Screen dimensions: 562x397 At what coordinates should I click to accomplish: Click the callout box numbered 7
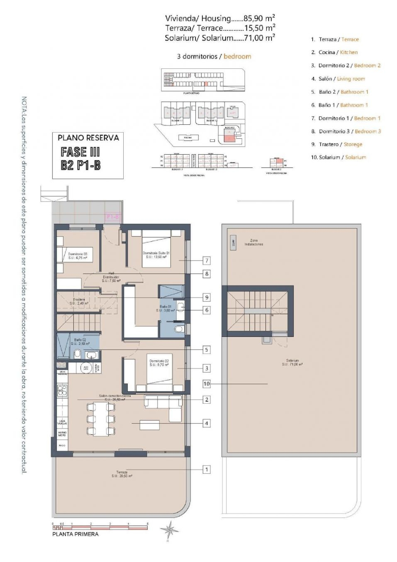point(207,261)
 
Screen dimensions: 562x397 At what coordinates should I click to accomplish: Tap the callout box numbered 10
point(206,383)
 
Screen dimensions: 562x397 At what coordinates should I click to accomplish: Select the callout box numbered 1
point(207,469)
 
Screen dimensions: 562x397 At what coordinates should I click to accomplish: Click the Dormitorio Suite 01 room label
point(156,255)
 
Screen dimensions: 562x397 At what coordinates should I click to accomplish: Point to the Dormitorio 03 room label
point(78,256)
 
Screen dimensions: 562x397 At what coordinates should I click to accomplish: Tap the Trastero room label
point(79,301)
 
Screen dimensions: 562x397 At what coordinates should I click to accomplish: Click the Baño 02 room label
point(80,342)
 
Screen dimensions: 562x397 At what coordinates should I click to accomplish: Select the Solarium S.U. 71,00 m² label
point(292,362)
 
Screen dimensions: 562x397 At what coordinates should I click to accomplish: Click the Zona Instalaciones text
point(254,242)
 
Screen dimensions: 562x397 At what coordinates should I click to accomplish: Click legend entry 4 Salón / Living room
point(338,79)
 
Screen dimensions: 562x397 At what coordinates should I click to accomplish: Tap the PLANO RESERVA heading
point(88,138)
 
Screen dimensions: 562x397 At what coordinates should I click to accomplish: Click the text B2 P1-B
point(81,166)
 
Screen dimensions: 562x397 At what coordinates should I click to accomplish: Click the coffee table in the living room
point(150,425)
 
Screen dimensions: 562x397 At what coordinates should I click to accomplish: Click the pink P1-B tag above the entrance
point(113,217)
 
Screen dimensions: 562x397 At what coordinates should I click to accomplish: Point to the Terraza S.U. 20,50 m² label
point(122,474)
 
